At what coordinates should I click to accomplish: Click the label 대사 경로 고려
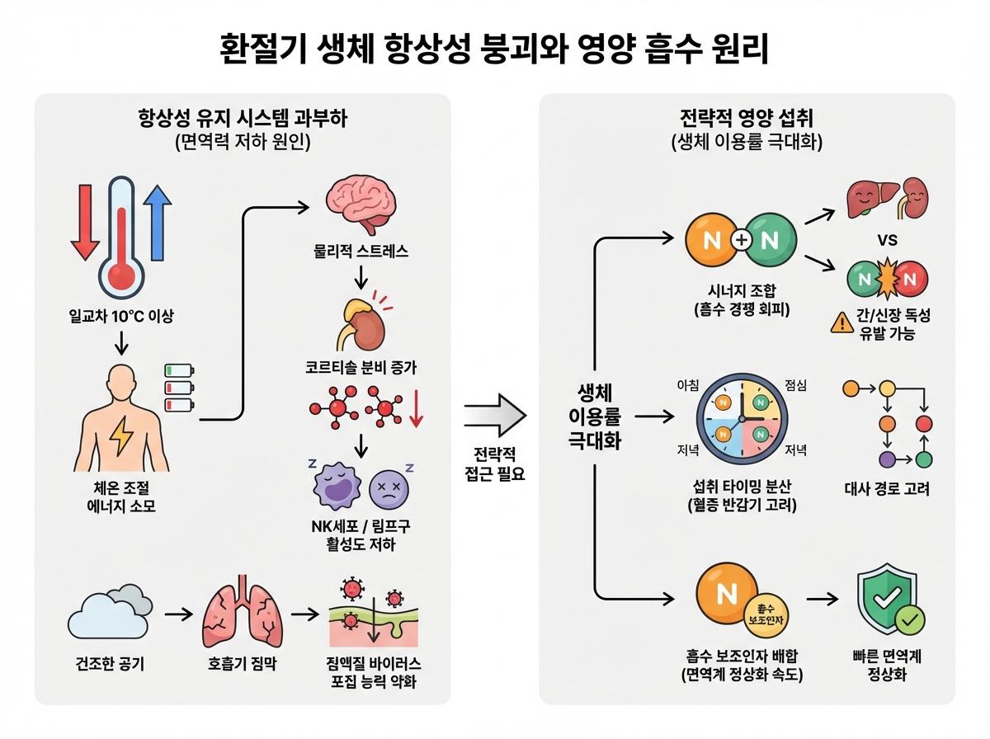tap(888, 489)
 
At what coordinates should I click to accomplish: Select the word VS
tap(888, 241)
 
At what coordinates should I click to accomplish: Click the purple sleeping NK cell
tap(335, 487)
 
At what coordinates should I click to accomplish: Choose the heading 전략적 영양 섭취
tap(747, 118)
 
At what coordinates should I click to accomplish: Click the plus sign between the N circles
tap(741, 240)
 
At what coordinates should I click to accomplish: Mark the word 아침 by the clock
tap(688, 385)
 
